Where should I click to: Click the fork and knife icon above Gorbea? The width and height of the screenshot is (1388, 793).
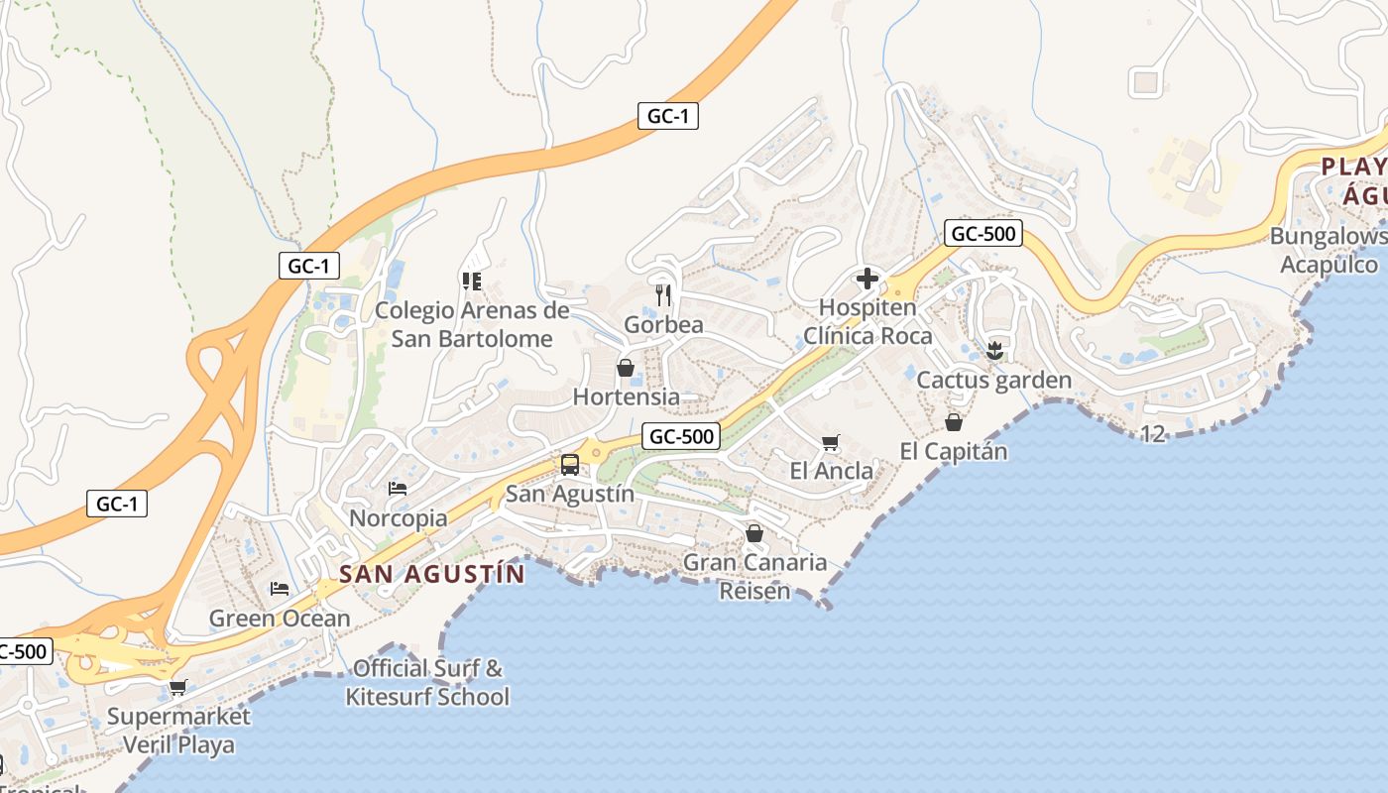tap(664, 294)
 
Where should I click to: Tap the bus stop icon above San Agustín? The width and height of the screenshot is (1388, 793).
tap(570, 464)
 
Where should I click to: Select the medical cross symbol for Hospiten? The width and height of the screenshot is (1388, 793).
tap(867, 279)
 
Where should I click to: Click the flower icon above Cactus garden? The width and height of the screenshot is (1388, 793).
tap(994, 350)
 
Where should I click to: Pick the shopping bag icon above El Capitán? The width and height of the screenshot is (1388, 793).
tap(954, 422)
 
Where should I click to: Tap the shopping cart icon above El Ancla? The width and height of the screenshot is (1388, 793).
tap(831, 442)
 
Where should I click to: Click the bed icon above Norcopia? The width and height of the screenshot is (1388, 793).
tap(398, 488)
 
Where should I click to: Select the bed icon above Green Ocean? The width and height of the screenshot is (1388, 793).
tap(280, 589)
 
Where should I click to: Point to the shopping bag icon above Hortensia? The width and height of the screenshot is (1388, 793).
tap(626, 368)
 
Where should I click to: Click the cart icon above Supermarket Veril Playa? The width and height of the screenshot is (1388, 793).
tap(178, 687)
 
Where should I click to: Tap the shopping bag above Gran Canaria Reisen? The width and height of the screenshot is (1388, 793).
tap(754, 533)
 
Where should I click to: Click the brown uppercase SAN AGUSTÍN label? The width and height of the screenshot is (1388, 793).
tap(432, 573)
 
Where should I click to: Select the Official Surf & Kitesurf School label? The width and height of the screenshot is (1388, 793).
tap(427, 682)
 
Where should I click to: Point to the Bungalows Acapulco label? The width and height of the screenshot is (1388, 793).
tap(1329, 250)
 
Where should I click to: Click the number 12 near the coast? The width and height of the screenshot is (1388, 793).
tap(1153, 433)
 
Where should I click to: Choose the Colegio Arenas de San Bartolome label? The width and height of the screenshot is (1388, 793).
tap(472, 324)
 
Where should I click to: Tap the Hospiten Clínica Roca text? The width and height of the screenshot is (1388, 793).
tap(867, 321)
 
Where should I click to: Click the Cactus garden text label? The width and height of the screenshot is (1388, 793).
tap(994, 380)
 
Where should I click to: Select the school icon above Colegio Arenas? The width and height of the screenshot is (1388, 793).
tap(472, 281)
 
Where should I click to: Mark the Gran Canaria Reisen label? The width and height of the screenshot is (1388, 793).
tap(755, 576)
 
